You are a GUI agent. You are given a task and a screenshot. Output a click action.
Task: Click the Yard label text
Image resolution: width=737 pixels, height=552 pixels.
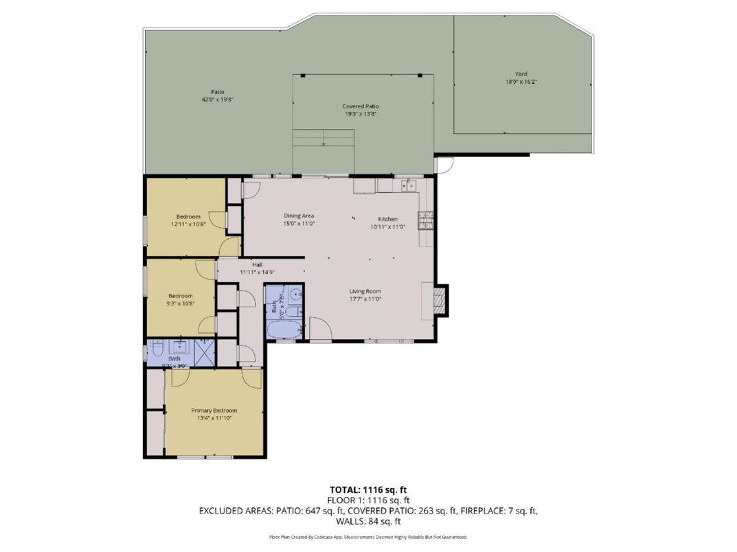[x=521, y=74]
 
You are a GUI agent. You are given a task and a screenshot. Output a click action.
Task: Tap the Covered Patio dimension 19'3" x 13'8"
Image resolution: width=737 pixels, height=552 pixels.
[x=361, y=114]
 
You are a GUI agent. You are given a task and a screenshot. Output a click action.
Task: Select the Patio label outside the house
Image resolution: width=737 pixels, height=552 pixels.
[x=218, y=92]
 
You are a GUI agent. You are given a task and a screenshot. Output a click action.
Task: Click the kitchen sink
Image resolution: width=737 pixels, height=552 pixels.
[x=408, y=185]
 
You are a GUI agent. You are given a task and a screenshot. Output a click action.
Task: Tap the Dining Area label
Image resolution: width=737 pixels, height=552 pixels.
[x=299, y=216]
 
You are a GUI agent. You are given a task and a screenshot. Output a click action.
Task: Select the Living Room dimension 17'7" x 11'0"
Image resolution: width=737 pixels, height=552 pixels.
[x=364, y=299]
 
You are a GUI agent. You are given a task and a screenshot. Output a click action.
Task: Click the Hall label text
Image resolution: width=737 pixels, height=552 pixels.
[x=257, y=265]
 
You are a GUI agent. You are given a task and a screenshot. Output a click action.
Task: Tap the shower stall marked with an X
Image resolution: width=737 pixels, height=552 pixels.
[x=204, y=352]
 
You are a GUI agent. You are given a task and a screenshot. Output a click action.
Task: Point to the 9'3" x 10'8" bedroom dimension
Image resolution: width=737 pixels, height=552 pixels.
[x=181, y=303]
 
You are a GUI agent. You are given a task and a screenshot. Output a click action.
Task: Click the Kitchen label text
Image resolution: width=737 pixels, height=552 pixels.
[x=388, y=219]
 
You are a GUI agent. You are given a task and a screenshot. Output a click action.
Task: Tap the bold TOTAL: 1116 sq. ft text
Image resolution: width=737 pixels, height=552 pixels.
[x=368, y=490]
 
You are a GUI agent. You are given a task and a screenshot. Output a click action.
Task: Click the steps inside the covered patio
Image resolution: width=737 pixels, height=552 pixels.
[x=324, y=138]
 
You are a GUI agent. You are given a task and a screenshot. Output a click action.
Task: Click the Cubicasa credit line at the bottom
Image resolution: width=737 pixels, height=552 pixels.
[x=368, y=537]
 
